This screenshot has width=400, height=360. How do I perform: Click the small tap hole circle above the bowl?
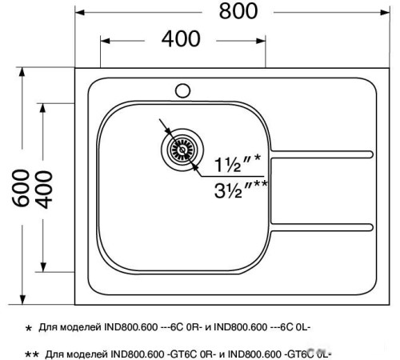click(x=182, y=89)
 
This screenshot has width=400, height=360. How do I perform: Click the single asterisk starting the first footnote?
click(x=29, y=329)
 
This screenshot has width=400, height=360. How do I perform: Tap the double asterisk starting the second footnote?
click(x=32, y=353)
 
